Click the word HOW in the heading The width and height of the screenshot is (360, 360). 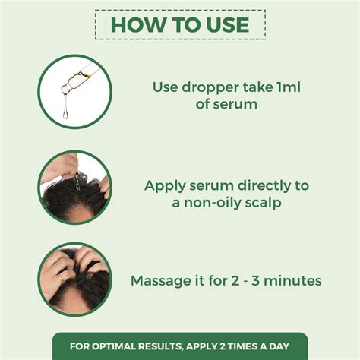137,24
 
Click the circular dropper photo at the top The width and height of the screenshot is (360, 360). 74,90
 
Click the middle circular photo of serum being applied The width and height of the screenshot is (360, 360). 74,186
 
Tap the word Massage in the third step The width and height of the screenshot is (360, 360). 161,281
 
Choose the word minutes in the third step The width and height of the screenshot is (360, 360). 293,281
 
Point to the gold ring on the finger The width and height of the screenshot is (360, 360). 58,278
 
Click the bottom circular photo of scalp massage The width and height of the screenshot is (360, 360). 74,279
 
